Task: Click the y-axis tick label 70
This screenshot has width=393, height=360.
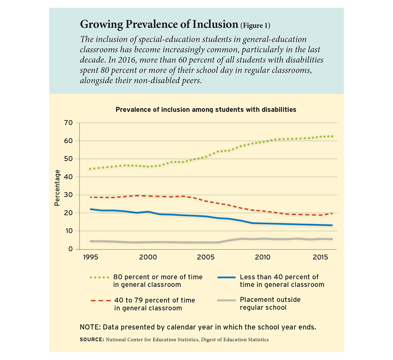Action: point(68,123)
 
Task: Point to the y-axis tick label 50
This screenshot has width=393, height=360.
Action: point(68,159)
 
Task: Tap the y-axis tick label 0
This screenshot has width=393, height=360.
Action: point(70,249)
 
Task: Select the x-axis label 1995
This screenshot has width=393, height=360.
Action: point(90,257)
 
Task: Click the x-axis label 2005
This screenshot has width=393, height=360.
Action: point(206,257)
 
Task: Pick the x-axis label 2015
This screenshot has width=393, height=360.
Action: point(320,257)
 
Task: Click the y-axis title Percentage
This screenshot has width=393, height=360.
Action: point(57,188)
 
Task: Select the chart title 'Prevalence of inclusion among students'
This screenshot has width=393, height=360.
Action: point(206,110)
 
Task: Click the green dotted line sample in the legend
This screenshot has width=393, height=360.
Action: point(99,277)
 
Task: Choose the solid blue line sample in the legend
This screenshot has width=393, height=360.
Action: point(226,277)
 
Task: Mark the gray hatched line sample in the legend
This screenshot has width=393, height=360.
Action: point(226,300)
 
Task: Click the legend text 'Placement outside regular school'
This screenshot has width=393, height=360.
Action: point(270,304)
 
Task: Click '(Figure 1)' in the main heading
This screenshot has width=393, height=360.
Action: point(255,26)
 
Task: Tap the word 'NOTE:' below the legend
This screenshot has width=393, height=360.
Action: point(90,327)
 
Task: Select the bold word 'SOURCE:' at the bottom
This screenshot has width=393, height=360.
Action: point(92,340)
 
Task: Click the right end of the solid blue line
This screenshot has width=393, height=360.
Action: point(332,225)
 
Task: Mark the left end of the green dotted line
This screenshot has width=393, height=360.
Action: point(90,169)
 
